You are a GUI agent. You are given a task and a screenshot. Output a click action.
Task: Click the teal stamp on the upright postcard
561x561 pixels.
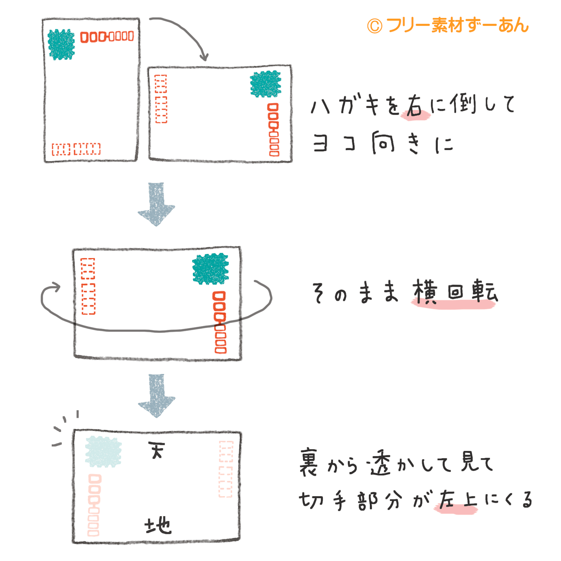[61, 45]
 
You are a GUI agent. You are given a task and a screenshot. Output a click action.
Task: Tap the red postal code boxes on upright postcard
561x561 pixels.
[107, 36]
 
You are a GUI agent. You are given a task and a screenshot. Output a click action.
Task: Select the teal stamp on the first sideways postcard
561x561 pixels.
[265, 84]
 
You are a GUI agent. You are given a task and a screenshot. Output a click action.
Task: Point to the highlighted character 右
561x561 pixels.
[415, 105]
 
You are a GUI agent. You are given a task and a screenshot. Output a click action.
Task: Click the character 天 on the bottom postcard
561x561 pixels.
[156, 450]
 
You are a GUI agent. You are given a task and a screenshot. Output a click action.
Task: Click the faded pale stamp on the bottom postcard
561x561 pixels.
[103, 452]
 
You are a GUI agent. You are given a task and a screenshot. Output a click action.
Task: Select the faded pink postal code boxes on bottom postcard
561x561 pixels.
[94, 505]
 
